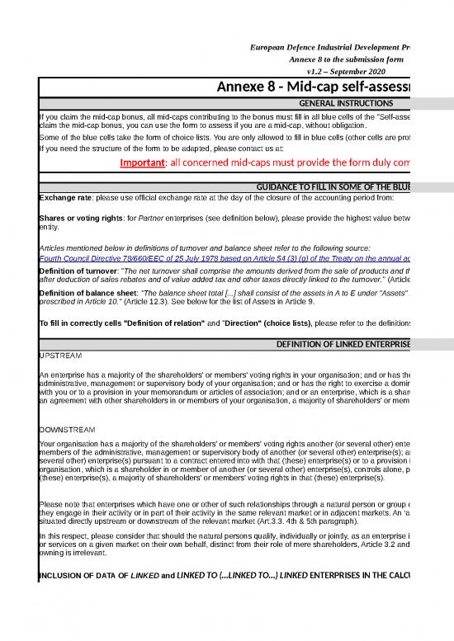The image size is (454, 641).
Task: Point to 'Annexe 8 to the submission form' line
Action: (345, 60)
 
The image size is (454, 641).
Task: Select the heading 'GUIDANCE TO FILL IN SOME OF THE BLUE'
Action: (334, 188)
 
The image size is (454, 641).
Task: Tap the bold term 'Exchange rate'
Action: (67, 198)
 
